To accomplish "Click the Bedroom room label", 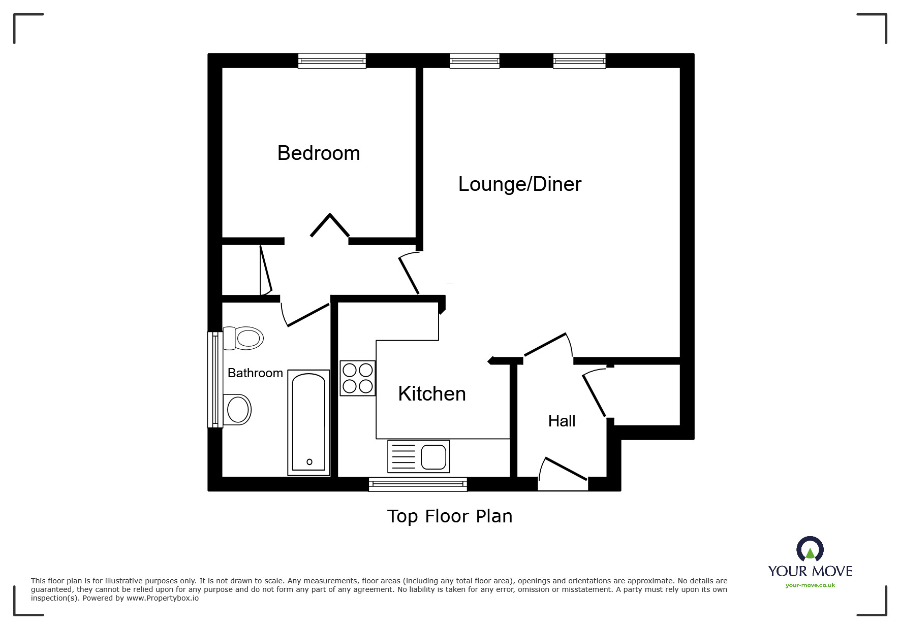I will click(x=319, y=153).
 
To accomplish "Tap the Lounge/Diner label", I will click(x=519, y=184).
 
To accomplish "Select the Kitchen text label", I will click(x=431, y=394).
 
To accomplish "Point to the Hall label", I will click(x=562, y=421).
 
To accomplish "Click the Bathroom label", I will click(x=255, y=373).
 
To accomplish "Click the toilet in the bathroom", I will click(x=243, y=338).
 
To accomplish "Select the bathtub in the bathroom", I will click(x=308, y=422).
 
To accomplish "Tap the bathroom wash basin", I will click(x=237, y=410).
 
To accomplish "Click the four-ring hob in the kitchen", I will click(x=358, y=378).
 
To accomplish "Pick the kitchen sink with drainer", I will click(x=418, y=456).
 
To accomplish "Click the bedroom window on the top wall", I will click(x=332, y=61).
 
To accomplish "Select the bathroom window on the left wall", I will click(x=215, y=380).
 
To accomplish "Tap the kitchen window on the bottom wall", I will click(x=418, y=484).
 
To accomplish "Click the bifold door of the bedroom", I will click(x=330, y=225).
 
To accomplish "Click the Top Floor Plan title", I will click(x=450, y=516).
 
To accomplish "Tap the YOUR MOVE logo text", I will click(x=810, y=571).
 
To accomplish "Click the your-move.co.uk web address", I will click(x=810, y=585).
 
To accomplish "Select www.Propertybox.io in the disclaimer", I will click(x=162, y=598).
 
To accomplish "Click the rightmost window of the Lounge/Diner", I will click(x=579, y=61).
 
